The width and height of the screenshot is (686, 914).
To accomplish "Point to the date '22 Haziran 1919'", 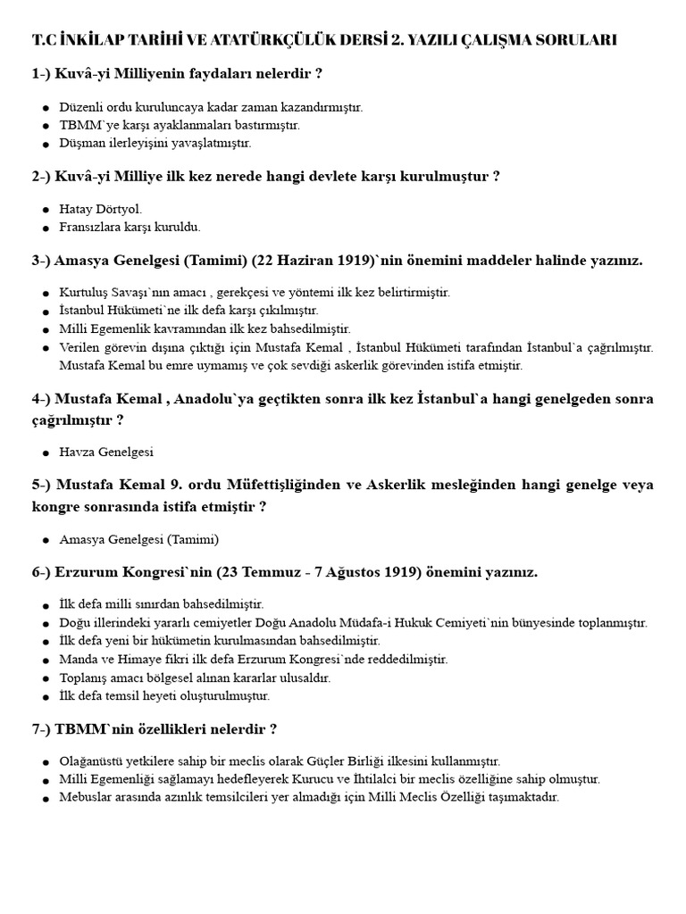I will (x=308, y=261).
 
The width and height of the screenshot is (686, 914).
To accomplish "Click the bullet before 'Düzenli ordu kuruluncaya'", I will (x=46, y=108).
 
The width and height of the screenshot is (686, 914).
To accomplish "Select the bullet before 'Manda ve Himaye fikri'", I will (x=46, y=660).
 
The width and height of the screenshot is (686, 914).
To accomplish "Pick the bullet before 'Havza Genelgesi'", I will (x=46, y=453).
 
